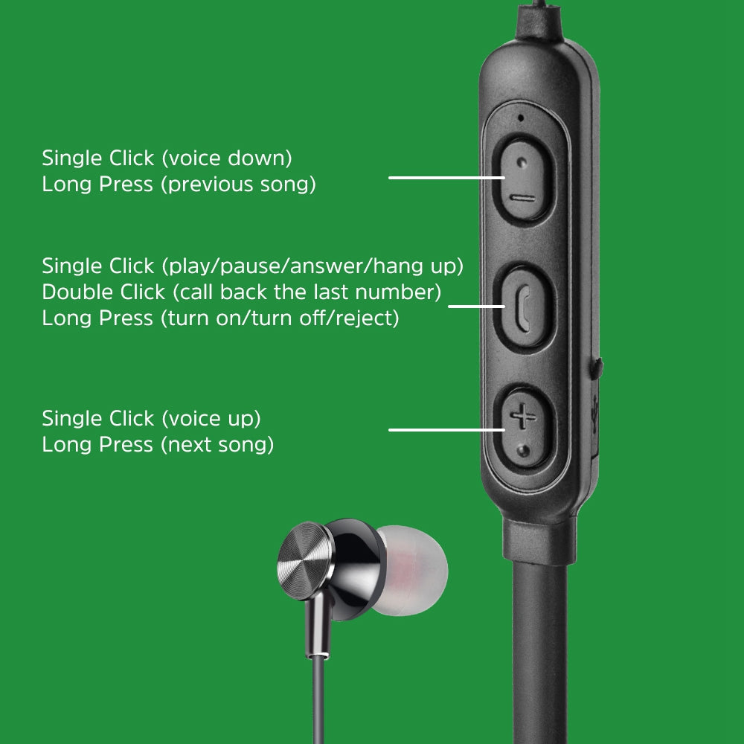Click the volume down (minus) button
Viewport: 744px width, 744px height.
(x=524, y=180)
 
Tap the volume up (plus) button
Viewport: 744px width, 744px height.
(x=524, y=428)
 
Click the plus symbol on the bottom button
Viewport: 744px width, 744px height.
(x=523, y=417)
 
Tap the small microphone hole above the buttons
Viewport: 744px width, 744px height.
(x=521, y=118)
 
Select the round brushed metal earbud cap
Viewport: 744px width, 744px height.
(x=304, y=561)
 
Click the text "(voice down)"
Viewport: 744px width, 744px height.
(x=227, y=158)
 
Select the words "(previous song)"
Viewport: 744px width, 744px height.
(x=238, y=185)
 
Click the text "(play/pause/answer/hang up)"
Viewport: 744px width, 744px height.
(x=312, y=266)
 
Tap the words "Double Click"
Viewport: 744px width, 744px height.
(x=103, y=292)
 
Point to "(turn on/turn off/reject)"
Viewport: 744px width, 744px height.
(x=280, y=318)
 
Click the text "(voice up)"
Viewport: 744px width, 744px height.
(x=211, y=419)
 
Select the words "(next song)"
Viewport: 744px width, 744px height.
(x=217, y=445)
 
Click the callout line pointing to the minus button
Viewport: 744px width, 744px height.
(x=446, y=178)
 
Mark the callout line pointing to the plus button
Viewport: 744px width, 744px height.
(x=446, y=430)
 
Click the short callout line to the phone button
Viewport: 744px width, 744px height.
(x=476, y=306)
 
